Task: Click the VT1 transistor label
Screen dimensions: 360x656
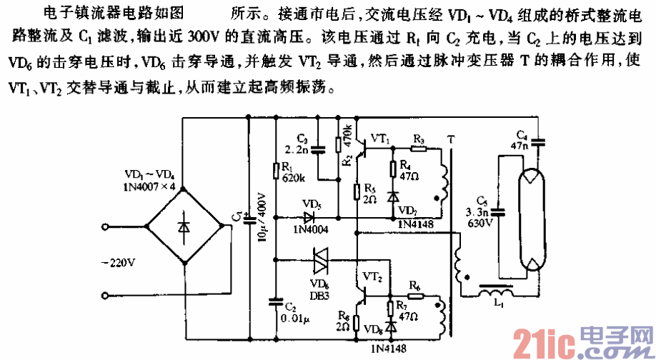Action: pos(381,139)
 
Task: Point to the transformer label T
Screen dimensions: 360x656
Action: pos(450,137)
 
